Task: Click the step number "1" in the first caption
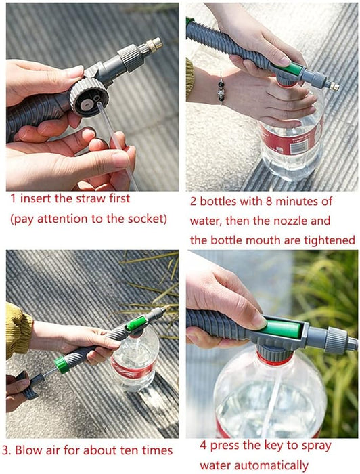pos(12,200)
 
